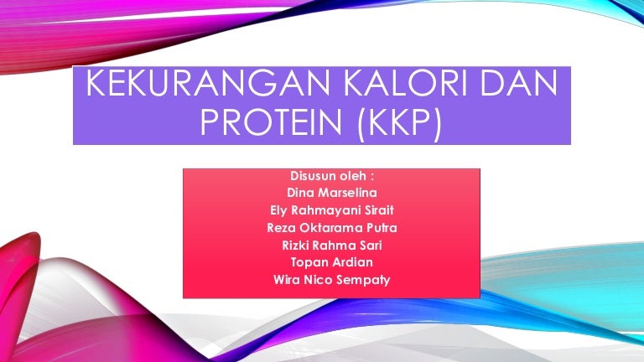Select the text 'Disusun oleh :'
click(x=331, y=176)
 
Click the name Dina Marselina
click(x=331, y=193)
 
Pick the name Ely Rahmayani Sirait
click(x=331, y=210)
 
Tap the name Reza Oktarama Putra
click(x=331, y=228)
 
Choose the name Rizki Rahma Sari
click(x=331, y=246)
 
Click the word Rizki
click(x=297, y=246)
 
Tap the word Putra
click(x=382, y=228)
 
